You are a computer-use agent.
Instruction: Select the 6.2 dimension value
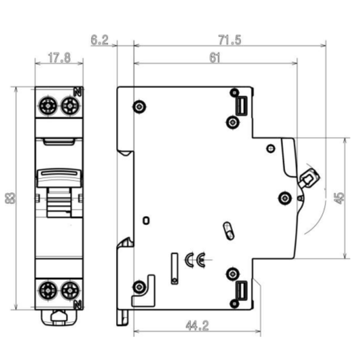[x=99, y=40]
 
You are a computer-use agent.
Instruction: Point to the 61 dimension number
[x=215, y=58]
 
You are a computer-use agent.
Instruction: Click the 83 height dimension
[x=10, y=198]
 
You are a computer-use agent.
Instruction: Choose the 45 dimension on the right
[x=338, y=198]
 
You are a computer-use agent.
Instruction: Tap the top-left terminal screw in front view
[x=49, y=105]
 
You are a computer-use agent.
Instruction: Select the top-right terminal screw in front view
[x=70, y=105]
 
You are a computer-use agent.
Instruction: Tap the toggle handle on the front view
[x=59, y=178]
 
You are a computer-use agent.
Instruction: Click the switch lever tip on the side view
[x=310, y=178]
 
